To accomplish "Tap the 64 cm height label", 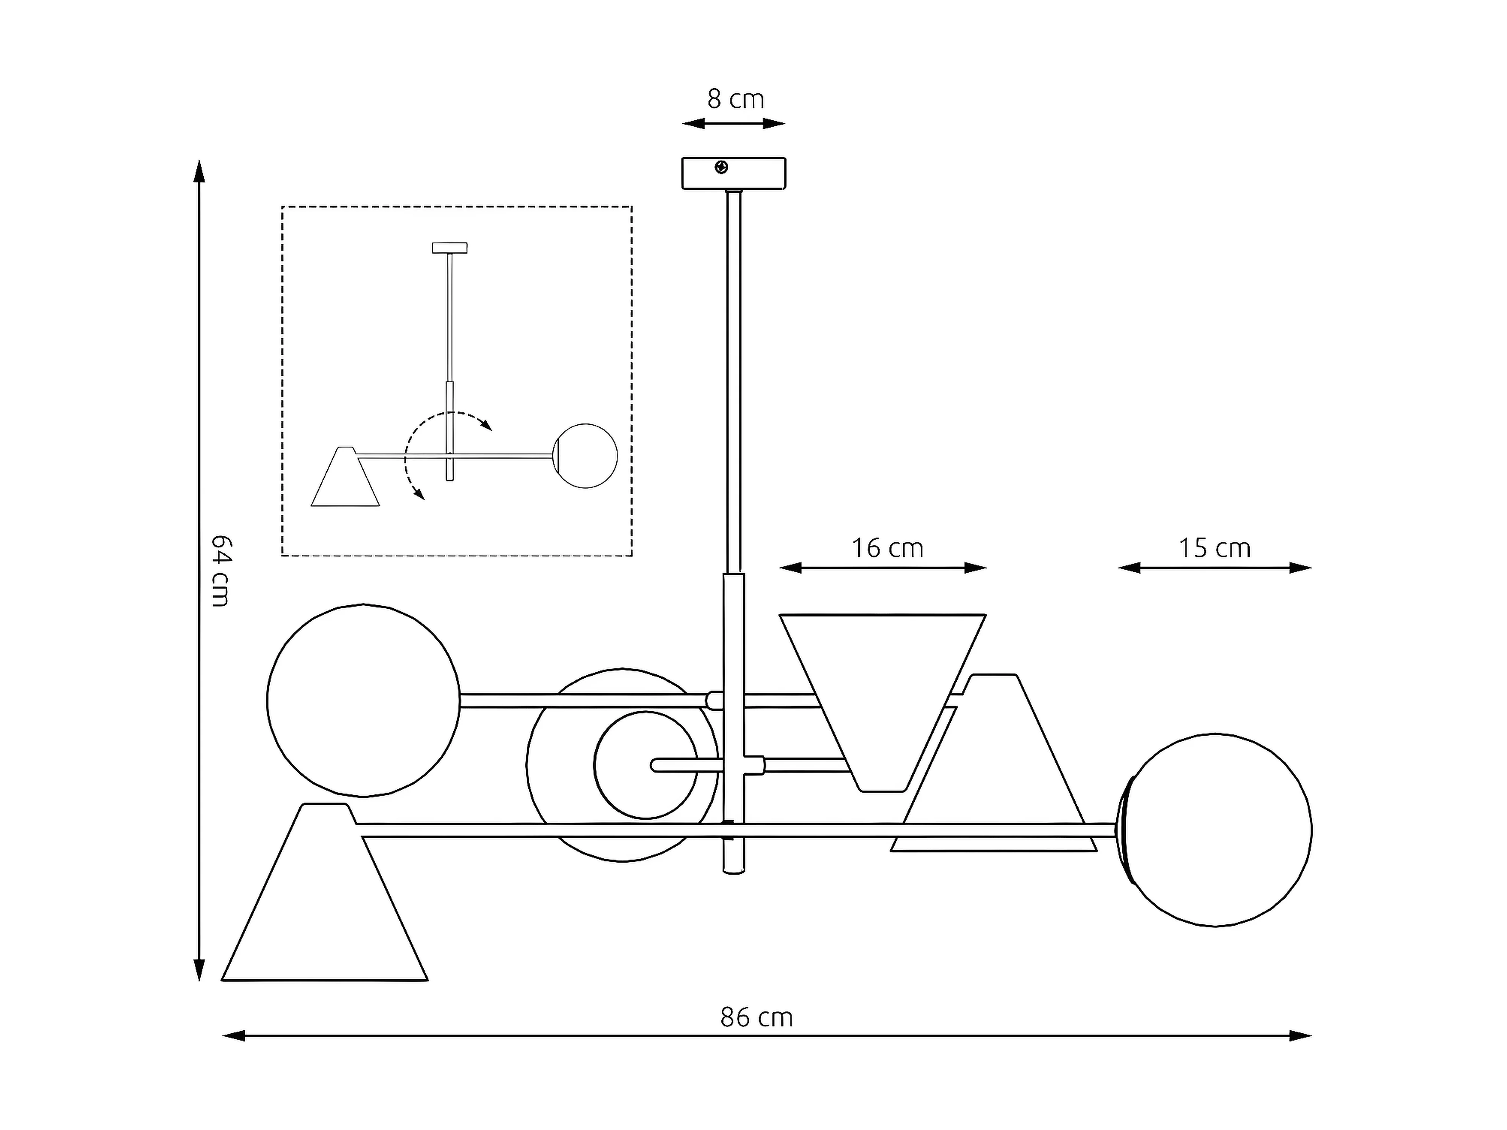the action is pos(221,571).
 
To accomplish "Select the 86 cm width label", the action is pos(756,1018).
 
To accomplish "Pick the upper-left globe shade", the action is pos(363,700).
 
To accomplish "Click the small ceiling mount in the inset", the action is pos(449,248).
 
